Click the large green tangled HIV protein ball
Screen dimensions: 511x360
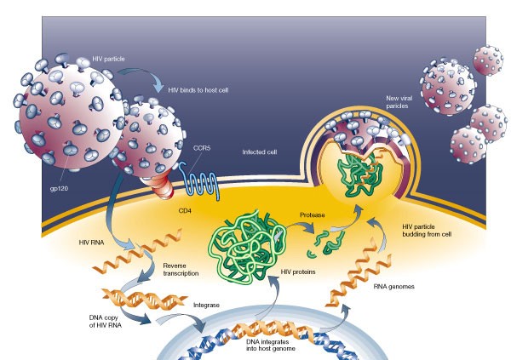pyautogui.click(x=250, y=229)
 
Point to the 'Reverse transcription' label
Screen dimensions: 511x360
pyautogui.click(x=181, y=271)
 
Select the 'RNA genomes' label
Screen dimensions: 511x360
pyautogui.click(x=396, y=287)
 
